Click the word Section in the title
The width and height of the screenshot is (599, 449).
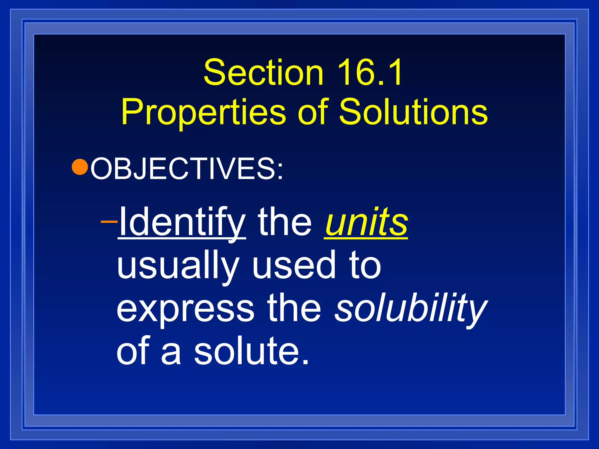(263, 72)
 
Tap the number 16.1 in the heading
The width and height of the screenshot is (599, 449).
(370, 72)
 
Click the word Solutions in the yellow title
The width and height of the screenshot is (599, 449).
(413, 112)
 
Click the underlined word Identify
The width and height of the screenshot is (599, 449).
(182, 222)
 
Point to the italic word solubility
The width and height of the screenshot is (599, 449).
(411, 308)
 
